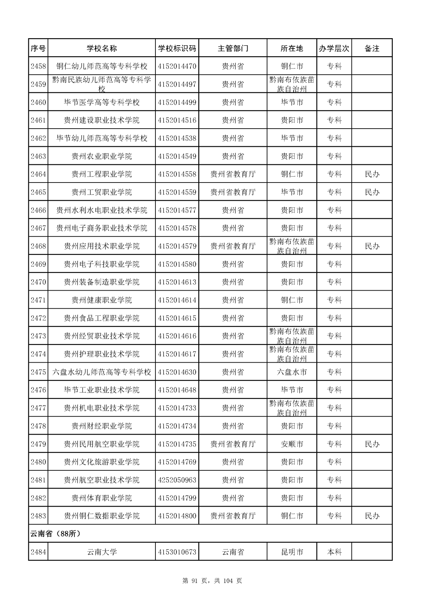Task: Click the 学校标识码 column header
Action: tap(177, 48)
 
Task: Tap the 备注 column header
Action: tap(372, 48)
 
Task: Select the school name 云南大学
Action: tap(102, 552)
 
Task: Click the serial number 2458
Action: tap(38, 66)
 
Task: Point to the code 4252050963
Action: tap(177, 480)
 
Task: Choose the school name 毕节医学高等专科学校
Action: tap(102, 102)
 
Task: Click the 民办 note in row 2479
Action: tap(372, 444)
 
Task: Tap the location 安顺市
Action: tap(292, 444)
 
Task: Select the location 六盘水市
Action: tap(292, 372)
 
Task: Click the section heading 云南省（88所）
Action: tap(55, 534)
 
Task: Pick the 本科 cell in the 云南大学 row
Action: tap(334, 552)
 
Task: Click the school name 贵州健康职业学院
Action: tap(102, 300)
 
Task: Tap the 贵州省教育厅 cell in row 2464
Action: tap(233, 174)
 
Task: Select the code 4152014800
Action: tap(177, 516)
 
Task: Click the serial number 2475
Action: tap(38, 372)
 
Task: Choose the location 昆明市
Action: tap(292, 552)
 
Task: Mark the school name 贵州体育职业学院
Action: tap(102, 498)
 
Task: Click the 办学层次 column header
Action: tap(334, 48)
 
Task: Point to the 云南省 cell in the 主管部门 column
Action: tap(233, 552)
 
